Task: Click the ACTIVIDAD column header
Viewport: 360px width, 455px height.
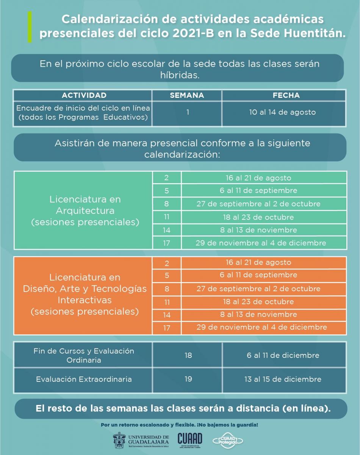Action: pos(84,95)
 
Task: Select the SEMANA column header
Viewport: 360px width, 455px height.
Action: pos(187,95)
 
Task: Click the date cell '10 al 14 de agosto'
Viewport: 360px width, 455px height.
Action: pos(282,112)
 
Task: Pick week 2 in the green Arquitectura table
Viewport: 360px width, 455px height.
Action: pos(166,178)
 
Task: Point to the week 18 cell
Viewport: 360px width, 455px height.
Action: pos(188,355)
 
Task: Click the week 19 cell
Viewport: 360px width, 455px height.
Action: pos(188,379)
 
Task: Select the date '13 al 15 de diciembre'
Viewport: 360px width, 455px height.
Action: pos(283,379)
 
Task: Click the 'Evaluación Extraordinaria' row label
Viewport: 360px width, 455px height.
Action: pos(84,379)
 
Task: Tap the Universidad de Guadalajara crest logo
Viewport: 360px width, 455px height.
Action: pos(120,440)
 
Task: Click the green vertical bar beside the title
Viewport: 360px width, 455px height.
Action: pos(30,27)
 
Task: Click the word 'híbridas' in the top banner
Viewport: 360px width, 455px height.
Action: pos(179,75)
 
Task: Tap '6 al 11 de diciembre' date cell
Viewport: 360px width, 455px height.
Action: pos(283,355)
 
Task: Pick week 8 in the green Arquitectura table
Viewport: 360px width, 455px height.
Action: pos(166,204)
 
